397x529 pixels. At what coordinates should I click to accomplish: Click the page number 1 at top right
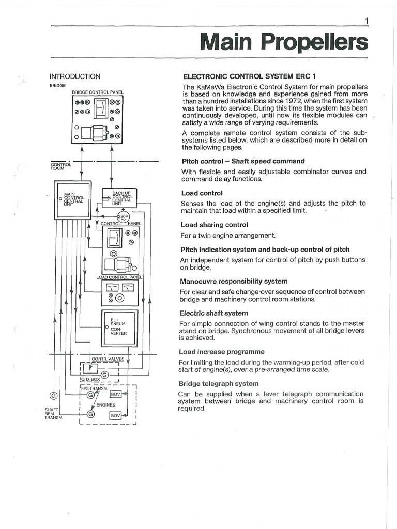(366, 21)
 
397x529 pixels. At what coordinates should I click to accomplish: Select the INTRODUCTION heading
(74, 76)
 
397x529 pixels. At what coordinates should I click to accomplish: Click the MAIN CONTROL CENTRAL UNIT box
(73, 199)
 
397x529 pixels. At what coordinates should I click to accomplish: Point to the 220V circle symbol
(123, 217)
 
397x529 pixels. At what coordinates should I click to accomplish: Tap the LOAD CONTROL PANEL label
(119, 277)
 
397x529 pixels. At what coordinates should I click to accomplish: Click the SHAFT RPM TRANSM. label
(53, 413)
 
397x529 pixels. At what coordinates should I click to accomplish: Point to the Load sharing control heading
(214, 225)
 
